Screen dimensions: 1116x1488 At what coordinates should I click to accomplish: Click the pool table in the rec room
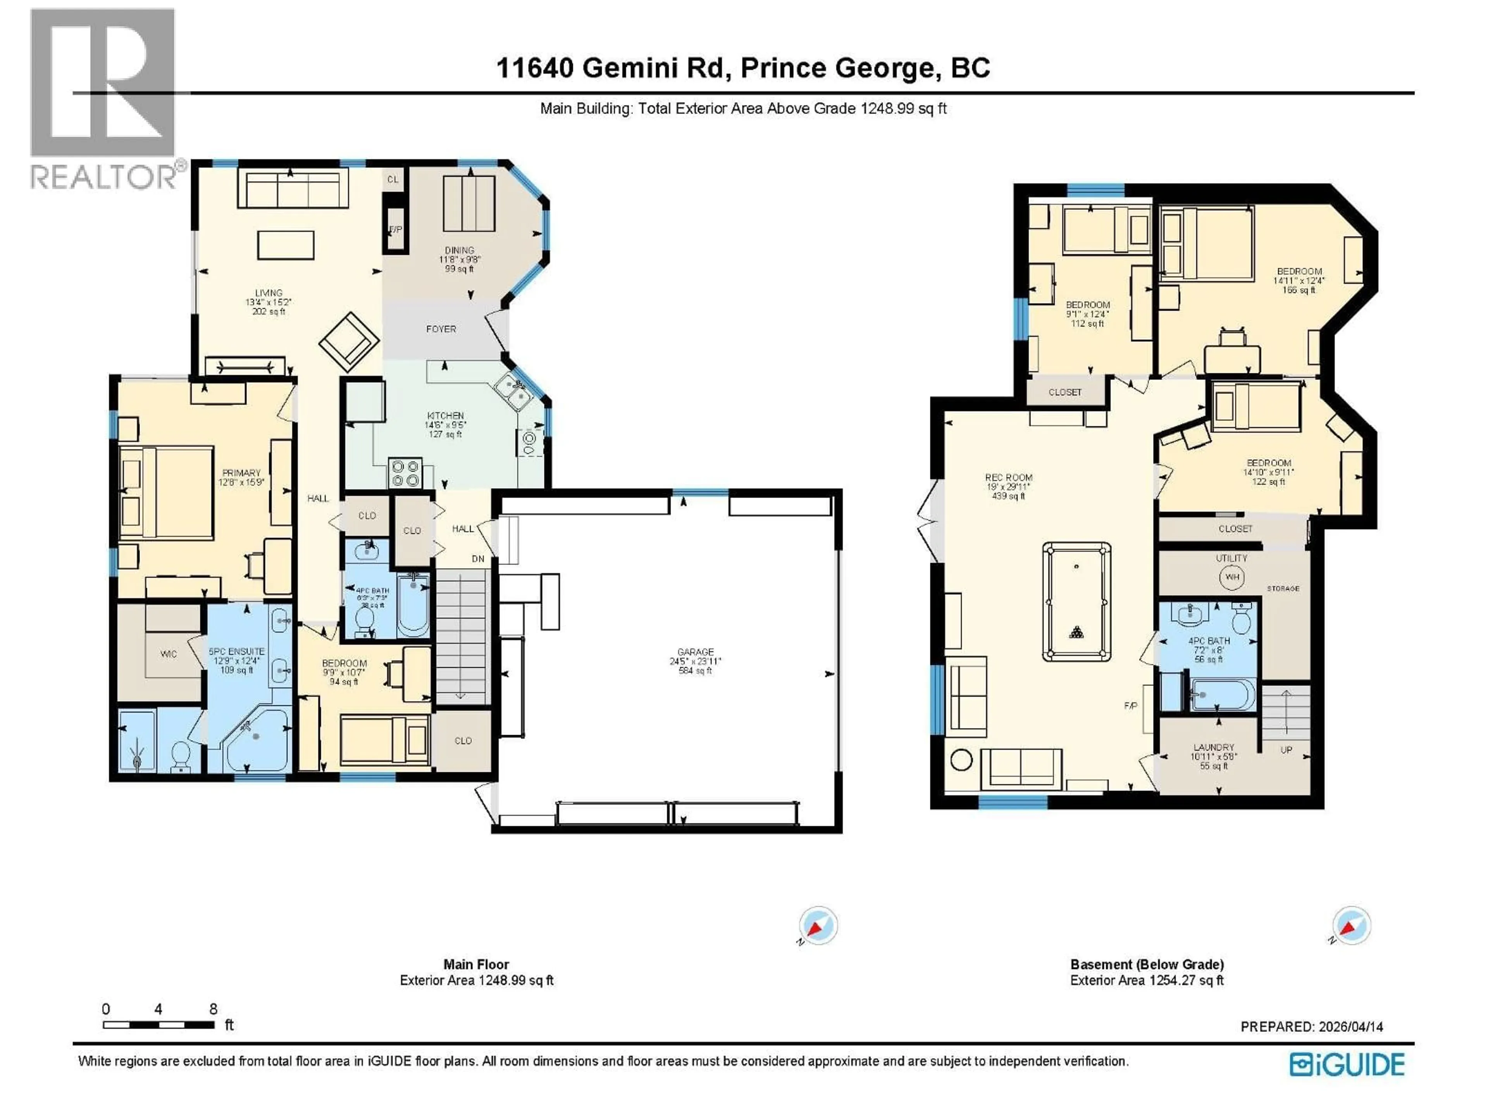1076,602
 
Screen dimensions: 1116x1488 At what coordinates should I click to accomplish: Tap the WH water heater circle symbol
1232,577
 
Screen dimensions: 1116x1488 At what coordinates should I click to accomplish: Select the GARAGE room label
696,652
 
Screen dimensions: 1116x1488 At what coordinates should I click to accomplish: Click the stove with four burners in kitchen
405,473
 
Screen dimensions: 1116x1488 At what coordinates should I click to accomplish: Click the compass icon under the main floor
818,926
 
